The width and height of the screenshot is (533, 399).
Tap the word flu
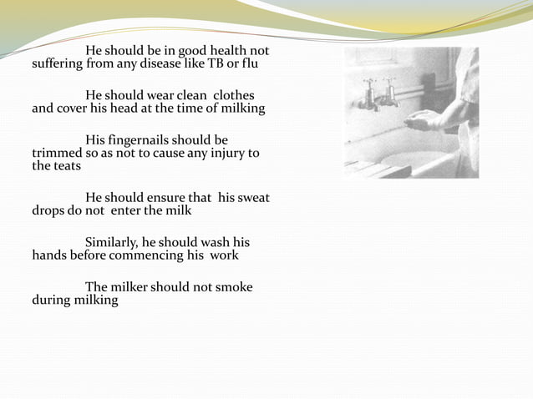point(259,63)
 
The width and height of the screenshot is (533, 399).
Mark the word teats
point(66,165)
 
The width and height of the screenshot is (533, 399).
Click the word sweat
point(252,198)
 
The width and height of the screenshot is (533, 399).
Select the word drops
point(48,210)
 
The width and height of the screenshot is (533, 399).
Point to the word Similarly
point(117,243)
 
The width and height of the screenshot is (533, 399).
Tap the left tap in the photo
point(368,92)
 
